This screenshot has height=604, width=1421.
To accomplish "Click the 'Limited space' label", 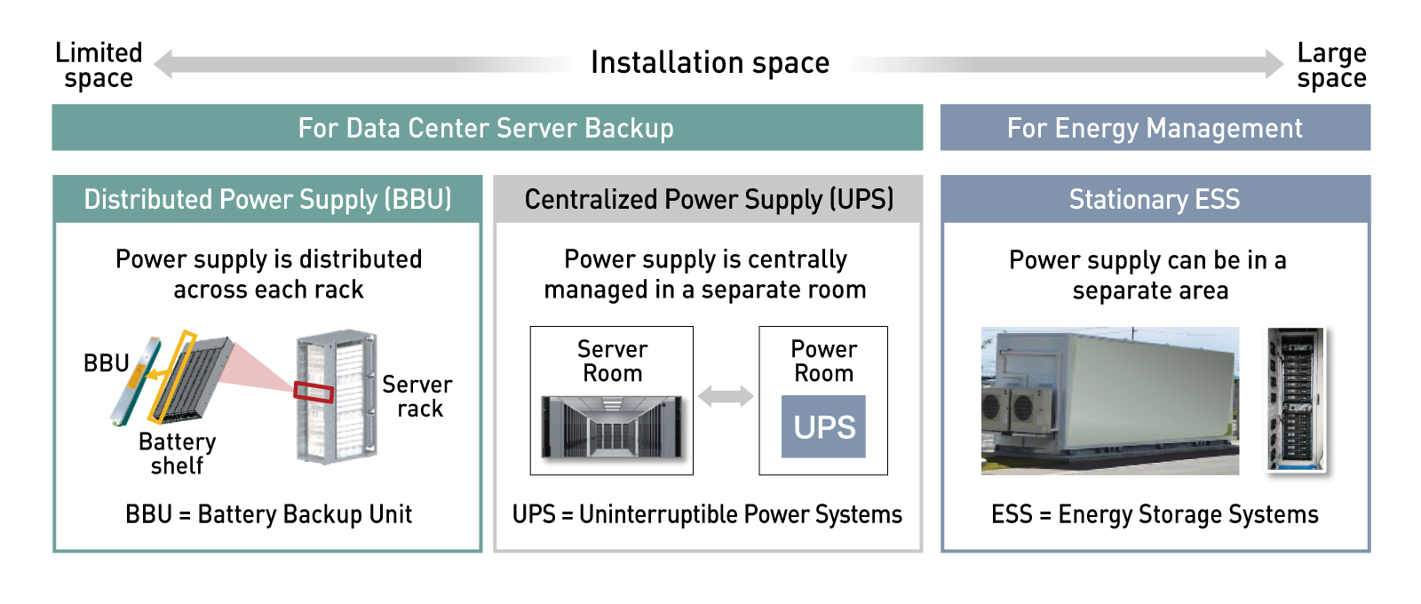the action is click(x=99, y=66).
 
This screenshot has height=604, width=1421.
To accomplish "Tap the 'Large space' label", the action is click(x=1331, y=66).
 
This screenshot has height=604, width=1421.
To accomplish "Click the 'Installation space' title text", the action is click(x=710, y=63).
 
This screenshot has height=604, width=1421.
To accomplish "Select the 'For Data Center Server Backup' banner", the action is click(x=488, y=128).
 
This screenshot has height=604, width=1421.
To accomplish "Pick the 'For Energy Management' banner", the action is click(x=1155, y=128).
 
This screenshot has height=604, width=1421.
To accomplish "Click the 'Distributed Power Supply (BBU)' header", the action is click(x=267, y=199).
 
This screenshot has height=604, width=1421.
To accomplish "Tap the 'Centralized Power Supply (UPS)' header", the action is click(x=709, y=199).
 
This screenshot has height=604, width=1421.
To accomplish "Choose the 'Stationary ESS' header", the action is click(x=1155, y=199).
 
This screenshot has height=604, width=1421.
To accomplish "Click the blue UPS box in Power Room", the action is click(x=823, y=426).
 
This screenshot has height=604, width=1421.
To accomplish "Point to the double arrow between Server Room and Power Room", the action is click(x=726, y=396).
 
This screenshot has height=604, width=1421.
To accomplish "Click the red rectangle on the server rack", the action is click(x=314, y=392).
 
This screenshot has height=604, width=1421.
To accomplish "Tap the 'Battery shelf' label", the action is click(x=178, y=454).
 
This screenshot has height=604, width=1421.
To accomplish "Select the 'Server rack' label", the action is click(x=417, y=396).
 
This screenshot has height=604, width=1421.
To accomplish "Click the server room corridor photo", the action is click(x=612, y=427).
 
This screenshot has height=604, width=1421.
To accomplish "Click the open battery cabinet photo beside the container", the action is click(x=1296, y=399).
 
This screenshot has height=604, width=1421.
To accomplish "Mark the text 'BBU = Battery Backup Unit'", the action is click(x=268, y=514).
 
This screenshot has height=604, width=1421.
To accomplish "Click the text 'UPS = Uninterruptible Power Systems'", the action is click(x=707, y=514).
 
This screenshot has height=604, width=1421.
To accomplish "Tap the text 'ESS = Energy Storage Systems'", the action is click(x=1155, y=514).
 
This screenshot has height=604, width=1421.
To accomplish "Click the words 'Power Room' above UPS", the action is click(x=823, y=361).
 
